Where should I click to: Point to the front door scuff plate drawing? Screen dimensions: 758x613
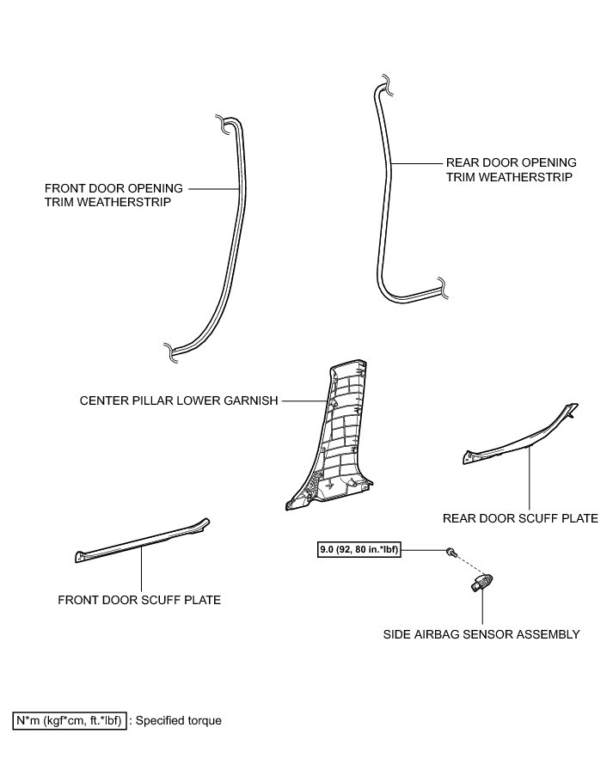click(x=142, y=543)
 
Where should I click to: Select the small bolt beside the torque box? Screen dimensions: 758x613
click(x=451, y=551)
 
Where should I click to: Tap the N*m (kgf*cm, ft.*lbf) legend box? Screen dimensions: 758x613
click(x=70, y=720)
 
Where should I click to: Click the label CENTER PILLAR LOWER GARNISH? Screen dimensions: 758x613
click(x=178, y=400)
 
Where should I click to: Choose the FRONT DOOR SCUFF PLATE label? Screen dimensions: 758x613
click(x=139, y=600)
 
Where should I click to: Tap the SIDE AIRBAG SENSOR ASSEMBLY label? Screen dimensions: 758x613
click(x=481, y=634)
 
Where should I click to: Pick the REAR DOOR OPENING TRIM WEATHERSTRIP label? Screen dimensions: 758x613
click(x=511, y=168)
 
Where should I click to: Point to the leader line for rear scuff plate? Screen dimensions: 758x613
click(x=530, y=477)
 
